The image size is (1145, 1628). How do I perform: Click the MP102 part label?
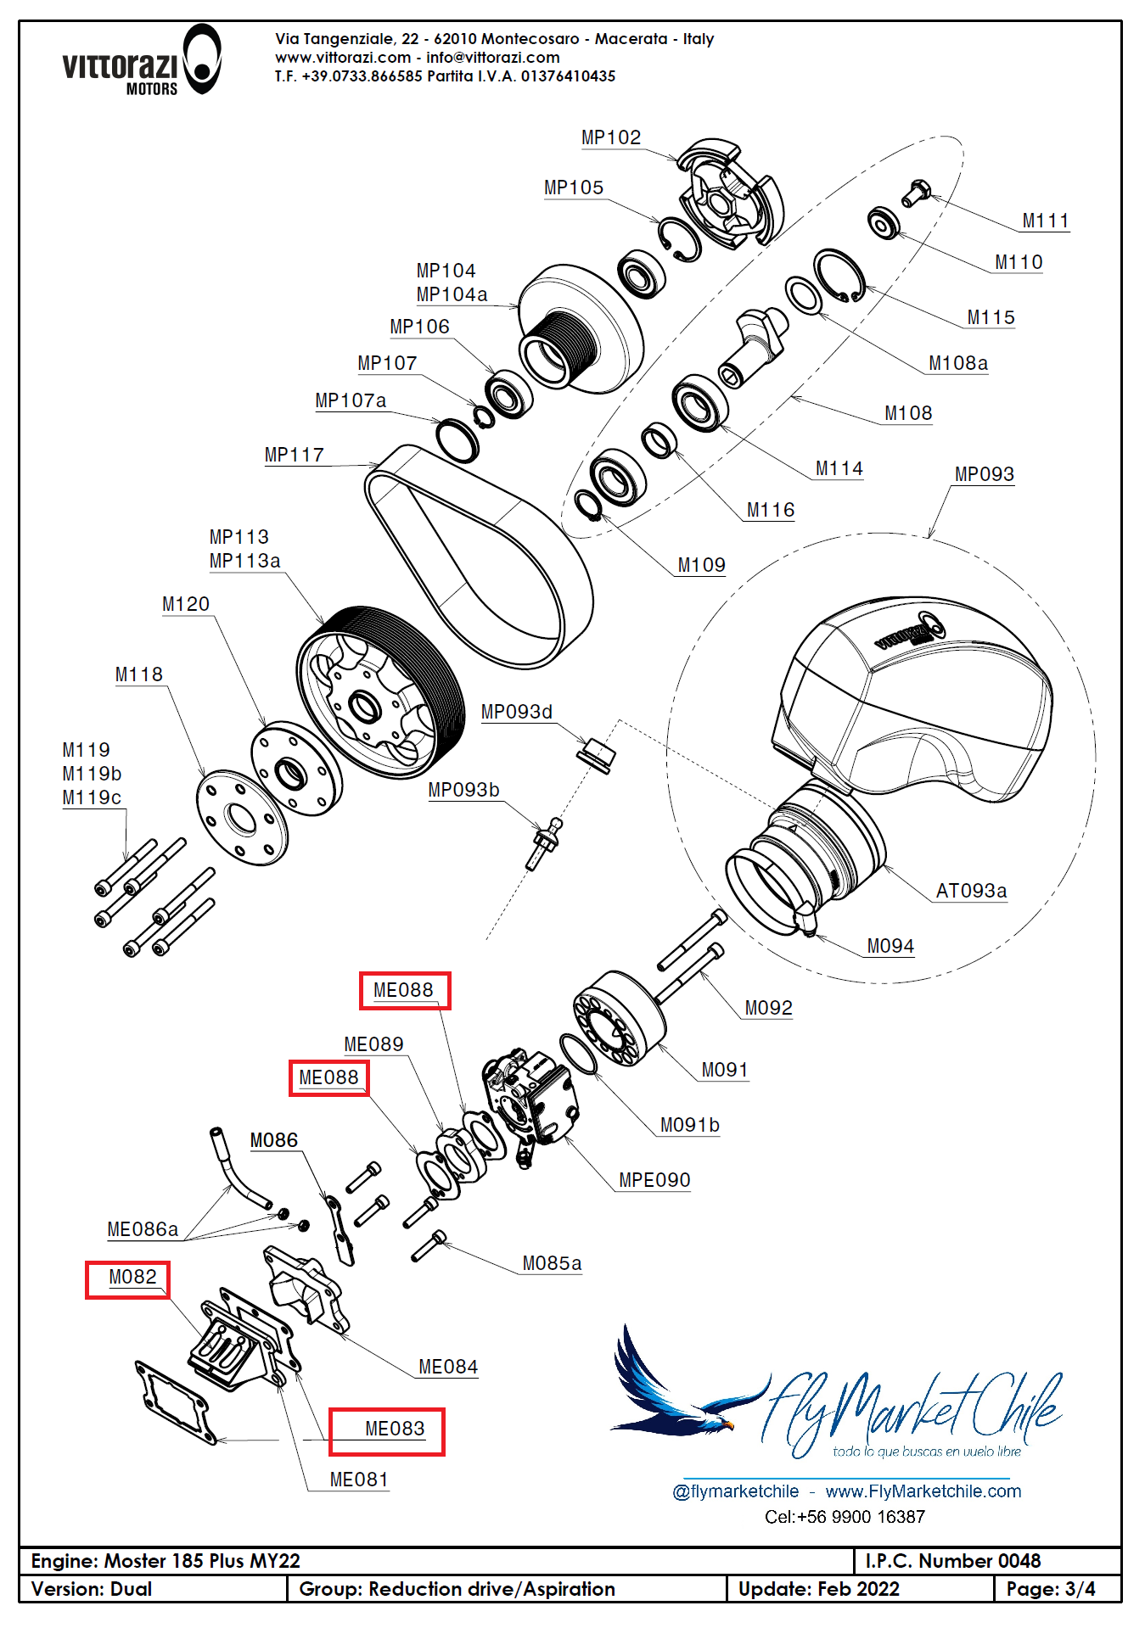610,137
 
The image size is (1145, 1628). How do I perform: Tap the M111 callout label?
1045,221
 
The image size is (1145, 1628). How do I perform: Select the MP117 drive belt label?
294,455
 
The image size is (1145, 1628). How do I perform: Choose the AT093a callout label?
971,891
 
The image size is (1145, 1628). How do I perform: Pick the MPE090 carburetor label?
654,1180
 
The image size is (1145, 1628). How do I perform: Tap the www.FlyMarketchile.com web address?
923,1491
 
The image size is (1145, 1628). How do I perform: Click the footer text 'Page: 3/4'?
1050,1589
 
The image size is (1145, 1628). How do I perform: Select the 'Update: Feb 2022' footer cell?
818,1589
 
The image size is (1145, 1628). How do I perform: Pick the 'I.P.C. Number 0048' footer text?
952,1561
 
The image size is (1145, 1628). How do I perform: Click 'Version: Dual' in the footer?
92,1589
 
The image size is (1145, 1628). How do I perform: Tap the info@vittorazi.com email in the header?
492,58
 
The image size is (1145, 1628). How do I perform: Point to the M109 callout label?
701,565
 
